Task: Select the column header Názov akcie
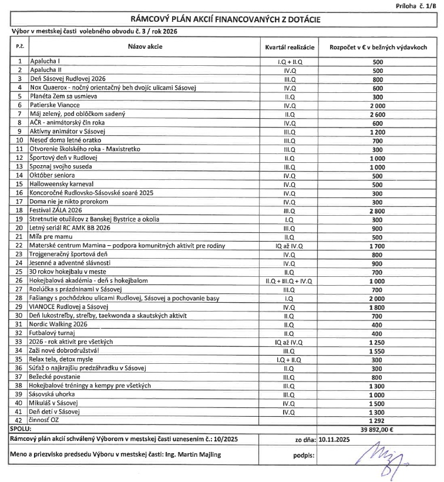pos(144,46)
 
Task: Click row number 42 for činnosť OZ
pos(21,421)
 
